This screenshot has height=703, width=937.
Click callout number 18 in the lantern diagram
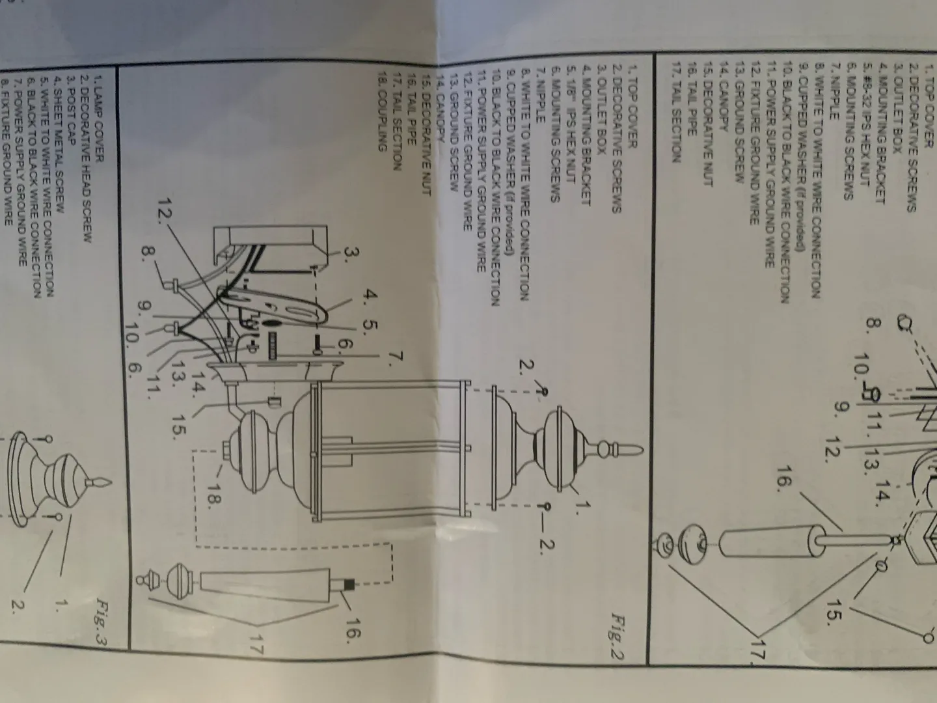(x=214, y=493)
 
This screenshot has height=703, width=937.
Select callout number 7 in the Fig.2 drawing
(x=396, y=357)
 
